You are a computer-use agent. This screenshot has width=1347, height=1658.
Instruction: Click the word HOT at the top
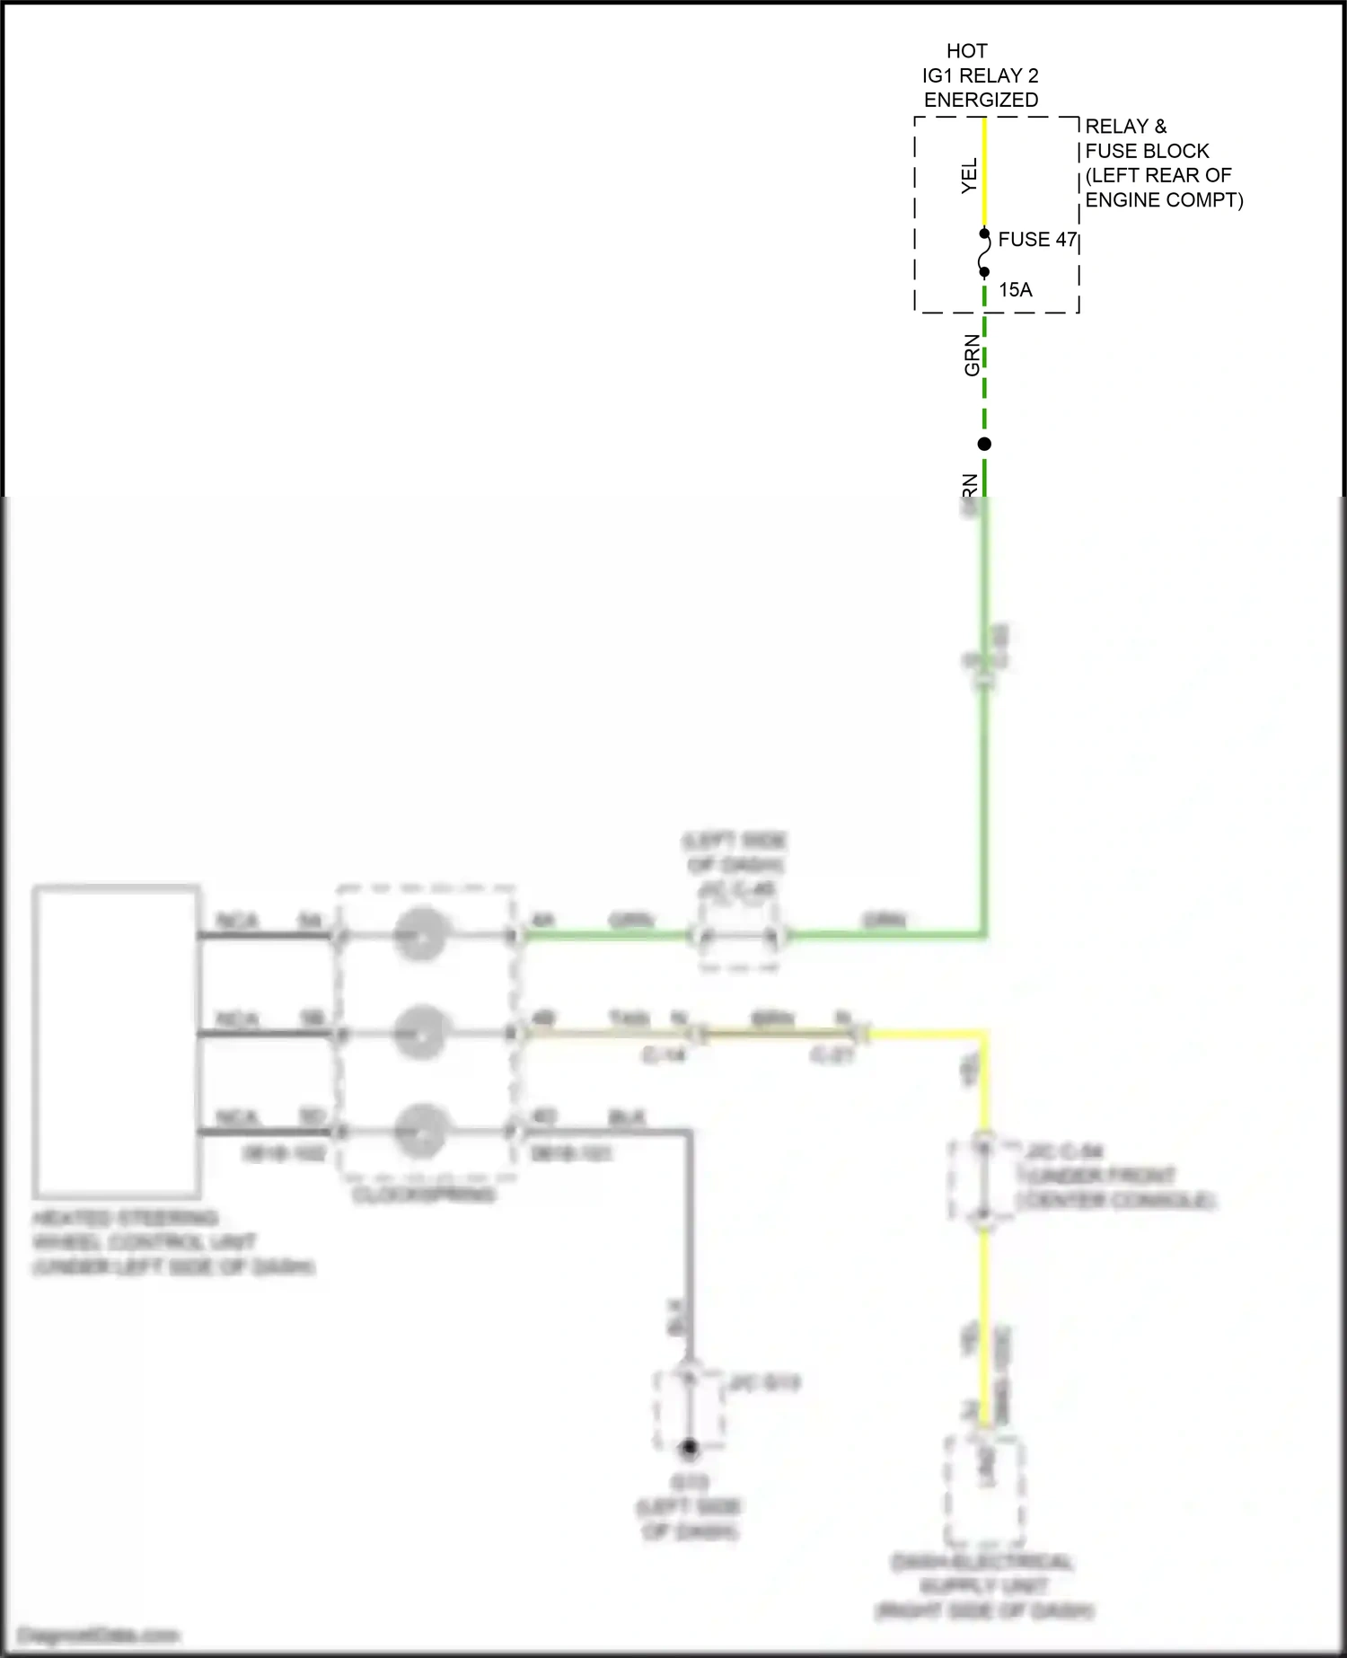pyautogui.click(x=966, y=51)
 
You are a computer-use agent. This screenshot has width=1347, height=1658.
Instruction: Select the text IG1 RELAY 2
pyautogui.click(x=980, y=75)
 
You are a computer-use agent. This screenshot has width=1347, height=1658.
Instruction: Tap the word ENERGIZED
pyautogui.click(x=981, y=100)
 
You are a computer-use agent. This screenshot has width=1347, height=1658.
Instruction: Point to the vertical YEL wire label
pyautogui.click(x=969, y=176)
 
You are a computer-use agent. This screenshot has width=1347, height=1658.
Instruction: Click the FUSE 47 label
pyautogui.click(x=1036, y=240)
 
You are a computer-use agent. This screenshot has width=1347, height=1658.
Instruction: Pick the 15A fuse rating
pyautogui.click(x=1015, y=290)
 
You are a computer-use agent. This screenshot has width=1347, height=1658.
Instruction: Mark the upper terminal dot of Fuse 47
pyautogui.click(x=984, y=234)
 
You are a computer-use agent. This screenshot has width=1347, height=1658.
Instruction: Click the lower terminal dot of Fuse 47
pyautogui.click(x=984, y=272)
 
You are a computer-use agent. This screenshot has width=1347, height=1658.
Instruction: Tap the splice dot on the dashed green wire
pyautogui.click(x=984, y=444)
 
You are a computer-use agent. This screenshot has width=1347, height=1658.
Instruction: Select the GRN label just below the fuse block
pyautogui.click(x=972, y=355)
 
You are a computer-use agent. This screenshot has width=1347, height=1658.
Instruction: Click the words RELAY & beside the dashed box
pyautogui.click(x=1125, y=127)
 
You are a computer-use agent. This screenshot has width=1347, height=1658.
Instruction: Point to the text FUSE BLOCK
pyautogui.click(x=1147, y=151)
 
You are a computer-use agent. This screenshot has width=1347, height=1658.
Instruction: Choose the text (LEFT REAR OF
pyautogui.click(x=1158, y=175)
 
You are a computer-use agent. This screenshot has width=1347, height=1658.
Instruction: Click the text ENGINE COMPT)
pyautogui.click(x=1164, y=199)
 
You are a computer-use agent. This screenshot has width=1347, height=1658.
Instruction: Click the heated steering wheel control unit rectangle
pyautogui.click(x=116, y=1041)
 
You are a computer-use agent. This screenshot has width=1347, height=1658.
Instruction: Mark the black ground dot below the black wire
pyautogui.click(x=689, y=1448)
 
